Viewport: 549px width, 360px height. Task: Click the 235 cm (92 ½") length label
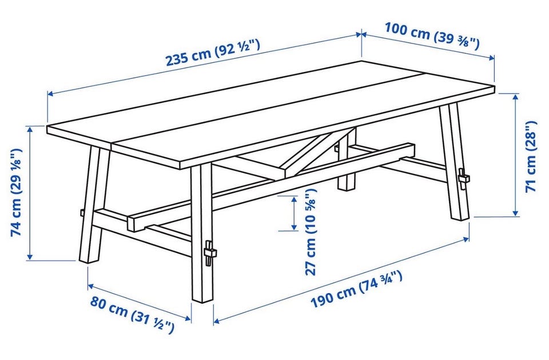(213, 53)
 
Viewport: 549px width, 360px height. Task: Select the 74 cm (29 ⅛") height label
(16, 192)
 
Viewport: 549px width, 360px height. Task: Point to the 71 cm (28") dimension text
(531, 156)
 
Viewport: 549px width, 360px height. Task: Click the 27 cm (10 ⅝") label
(311, 232)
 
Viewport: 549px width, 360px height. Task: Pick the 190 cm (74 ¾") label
(356, 289)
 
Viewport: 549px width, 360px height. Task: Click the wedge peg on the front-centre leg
(209, 254)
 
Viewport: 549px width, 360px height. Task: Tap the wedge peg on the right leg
(463, 179)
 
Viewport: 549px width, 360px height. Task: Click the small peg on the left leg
(81, 213)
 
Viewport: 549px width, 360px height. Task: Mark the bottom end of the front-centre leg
(202, 300)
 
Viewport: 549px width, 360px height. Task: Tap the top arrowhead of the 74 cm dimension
(30, 129)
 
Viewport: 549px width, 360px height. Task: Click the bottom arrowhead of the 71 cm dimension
(515, 213)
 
